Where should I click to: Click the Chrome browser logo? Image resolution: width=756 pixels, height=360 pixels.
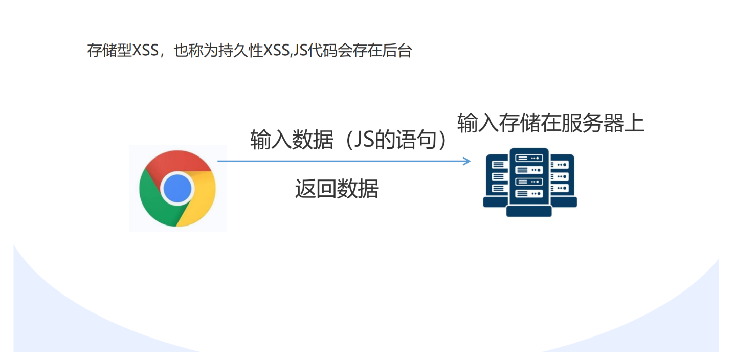click(x=177, y=188)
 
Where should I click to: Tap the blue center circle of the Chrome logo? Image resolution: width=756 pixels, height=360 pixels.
click(x=177, y=188)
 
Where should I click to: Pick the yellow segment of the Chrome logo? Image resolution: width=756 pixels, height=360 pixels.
click(x=201, y=199)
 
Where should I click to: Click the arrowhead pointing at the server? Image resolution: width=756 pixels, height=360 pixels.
click(x=466, y=161)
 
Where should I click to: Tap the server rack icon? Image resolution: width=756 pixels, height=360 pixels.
click(x=530, y=182)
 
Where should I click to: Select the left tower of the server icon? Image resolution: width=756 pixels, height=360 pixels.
click(x=496, y=181)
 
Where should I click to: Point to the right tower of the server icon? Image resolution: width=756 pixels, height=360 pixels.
click(x=563, y=181)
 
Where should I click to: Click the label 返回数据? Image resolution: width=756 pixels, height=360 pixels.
click(x=337, y=189)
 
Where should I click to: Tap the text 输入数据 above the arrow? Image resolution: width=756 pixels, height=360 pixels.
click(x=292, y=140)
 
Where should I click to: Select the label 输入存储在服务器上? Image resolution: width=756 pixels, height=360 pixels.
click(x=551, y=123)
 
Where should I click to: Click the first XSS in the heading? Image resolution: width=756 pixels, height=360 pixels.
click(x=145, y=51)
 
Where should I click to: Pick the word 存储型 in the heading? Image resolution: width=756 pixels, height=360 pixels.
click(x=109, y=51)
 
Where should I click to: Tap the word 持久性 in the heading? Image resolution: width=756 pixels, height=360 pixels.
click(x=240, y=51)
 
